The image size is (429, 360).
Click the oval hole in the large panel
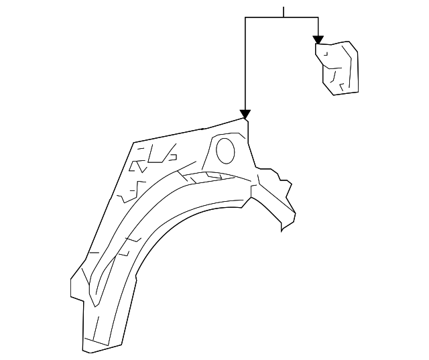[x=226, y=150]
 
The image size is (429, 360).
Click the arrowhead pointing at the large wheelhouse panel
[x=245, y=114]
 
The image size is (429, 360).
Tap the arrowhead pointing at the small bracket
[x=318, y=40]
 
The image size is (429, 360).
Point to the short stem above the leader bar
[x=284, y=12]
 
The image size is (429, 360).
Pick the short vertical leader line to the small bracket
[x=318, y=27]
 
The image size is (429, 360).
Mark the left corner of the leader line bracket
[x=245, y=17]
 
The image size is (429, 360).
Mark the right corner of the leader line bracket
[x=318, y=17]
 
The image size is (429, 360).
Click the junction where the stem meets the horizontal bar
[x=284, y=17]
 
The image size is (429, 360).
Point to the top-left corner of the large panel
[x=134, y=143]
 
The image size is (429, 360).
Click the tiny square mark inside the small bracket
[x=326, y=54]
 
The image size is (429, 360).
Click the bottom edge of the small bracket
[x=346, y=93]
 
